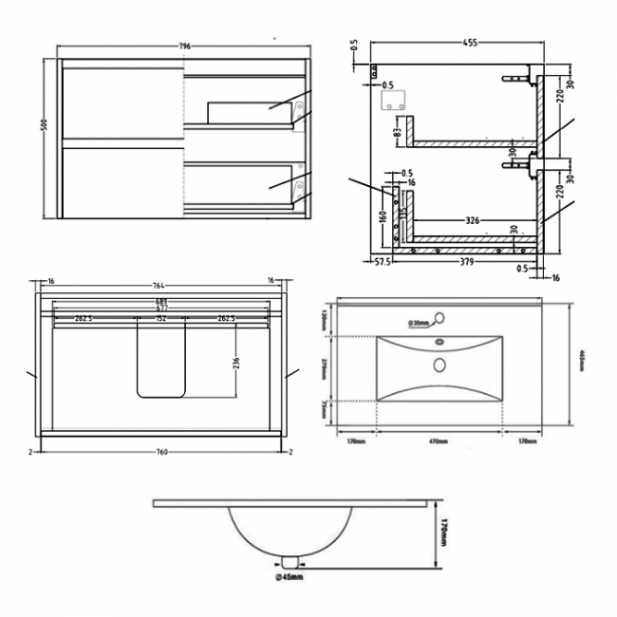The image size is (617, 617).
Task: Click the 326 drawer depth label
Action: pyautogui.click(x=471, y=221)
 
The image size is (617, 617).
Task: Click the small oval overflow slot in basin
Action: pyautogui.click(x=439, y=344)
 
